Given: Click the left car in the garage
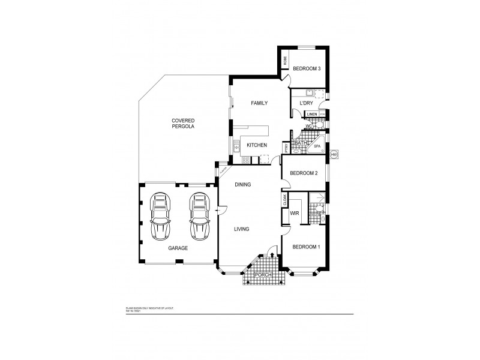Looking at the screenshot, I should point(160,217).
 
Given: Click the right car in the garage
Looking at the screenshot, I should point(199,217).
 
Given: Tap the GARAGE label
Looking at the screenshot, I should point(178,248).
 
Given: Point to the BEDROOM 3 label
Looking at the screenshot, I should point(307,69).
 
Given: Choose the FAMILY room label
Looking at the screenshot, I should point(259,103).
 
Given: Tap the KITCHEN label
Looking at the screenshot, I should point(257,145).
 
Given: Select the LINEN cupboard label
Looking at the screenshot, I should point(311,114).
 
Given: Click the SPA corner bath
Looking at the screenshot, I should point(317,146).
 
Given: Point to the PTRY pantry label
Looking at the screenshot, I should point(287,148).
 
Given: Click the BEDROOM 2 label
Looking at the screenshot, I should point(303,174).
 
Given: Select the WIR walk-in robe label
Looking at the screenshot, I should point(295,213).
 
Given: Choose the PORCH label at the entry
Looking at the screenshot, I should point(264,275).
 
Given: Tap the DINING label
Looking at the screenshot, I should point(242,184).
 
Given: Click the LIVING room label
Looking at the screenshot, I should point(241,229).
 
